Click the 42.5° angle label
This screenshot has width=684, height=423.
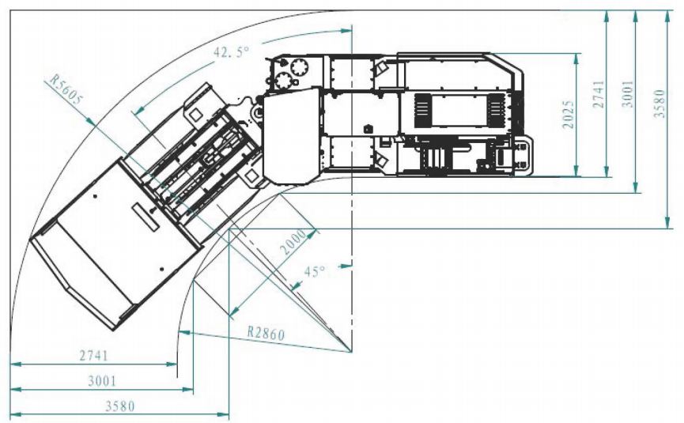pyautogui.click(x=231, y=52)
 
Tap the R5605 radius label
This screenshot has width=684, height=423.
pyautogui.click(x=66, y=90)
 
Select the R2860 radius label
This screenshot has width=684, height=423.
pyautogui.click(x=266, y=334)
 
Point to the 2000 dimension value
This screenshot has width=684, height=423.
pyautogui.click(x=293, y=243)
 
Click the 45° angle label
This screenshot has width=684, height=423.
pyautogui.click(x=315, y=272)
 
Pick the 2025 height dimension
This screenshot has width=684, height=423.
pyautogui.click(x=568, y=115)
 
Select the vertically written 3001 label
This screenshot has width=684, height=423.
pyautogui.click(x=628, y=93)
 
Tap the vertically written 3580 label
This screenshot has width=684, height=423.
pyautogui.click(x=659, y=104)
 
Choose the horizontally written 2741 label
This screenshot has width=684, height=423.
pyautogui.click(x=94, y=356)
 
